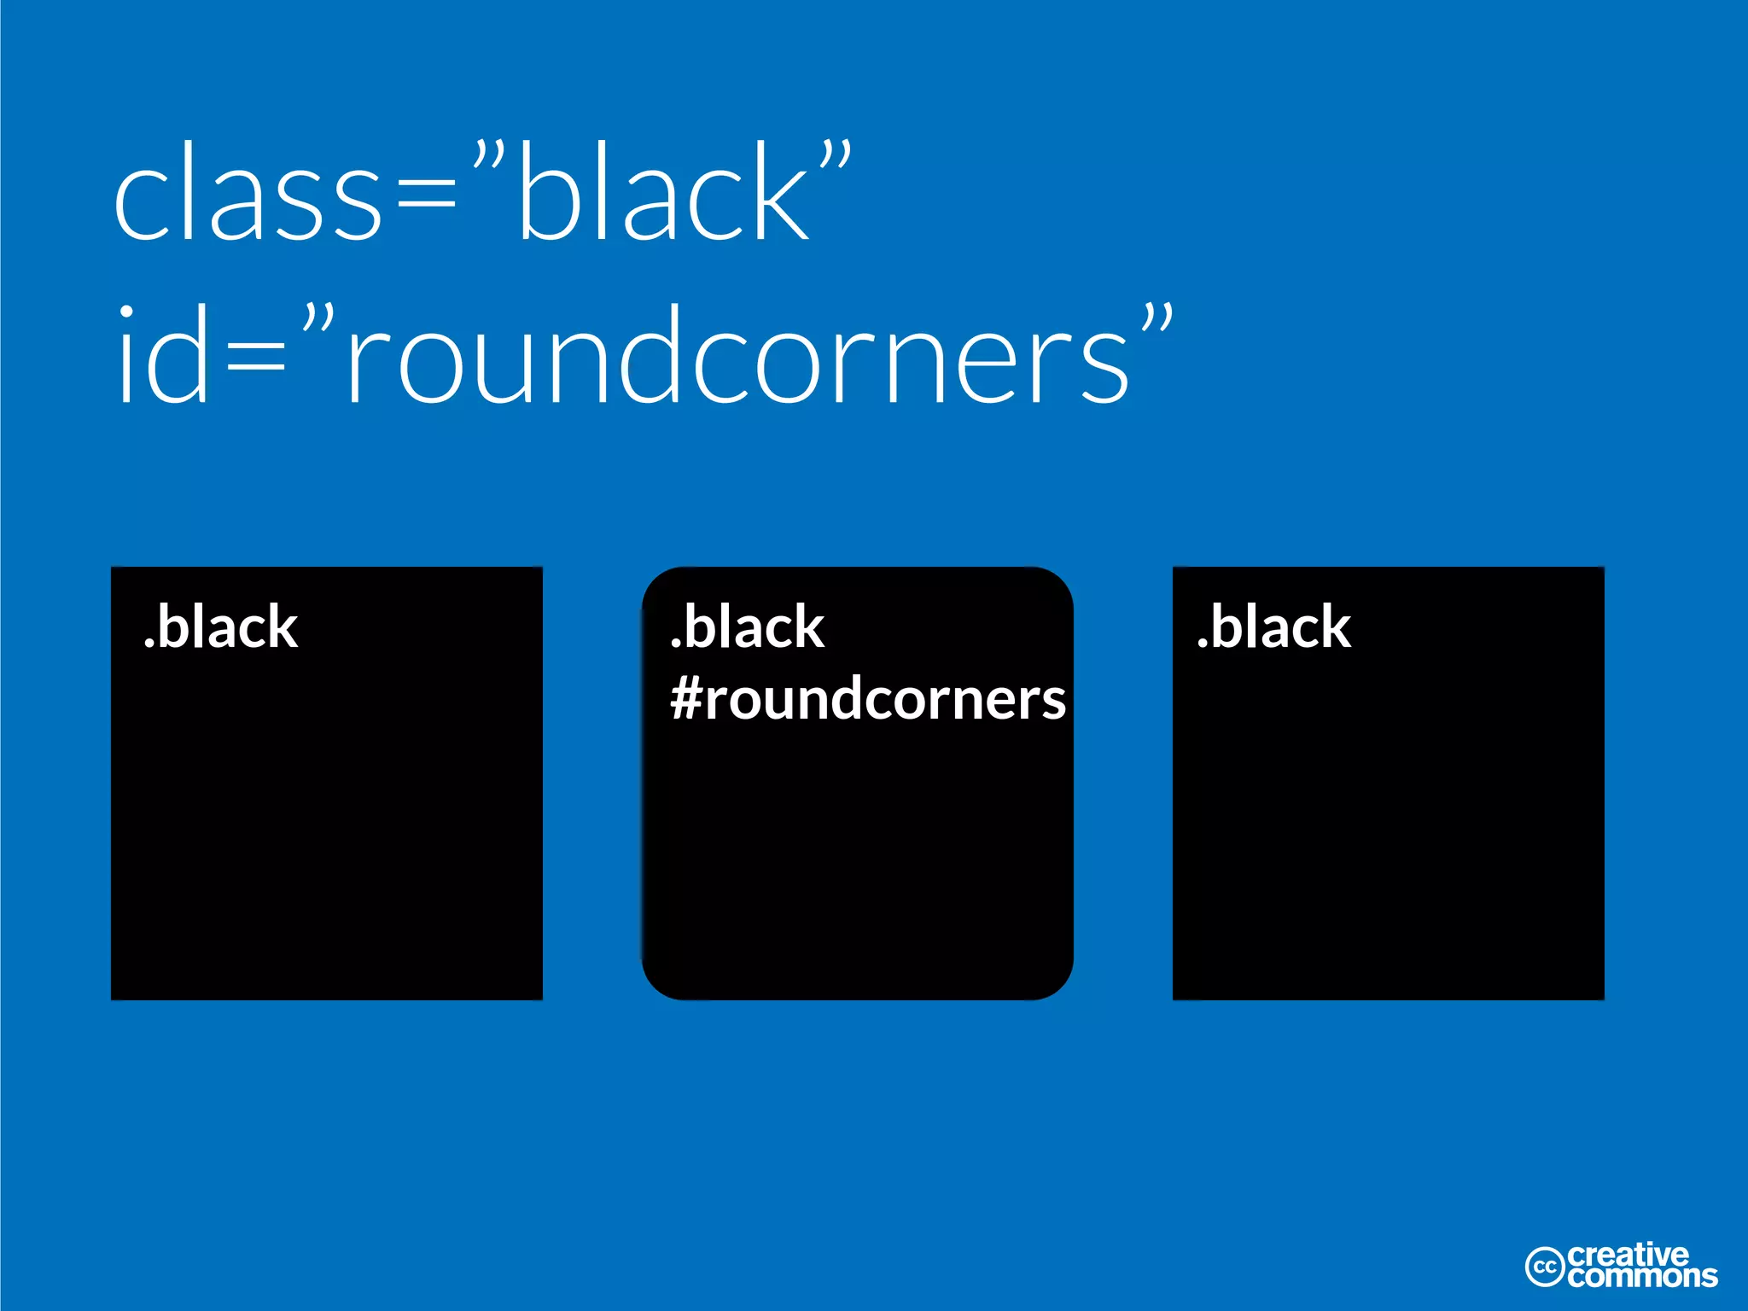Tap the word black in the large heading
(x=662, y=191)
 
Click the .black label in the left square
(x=221, y=627)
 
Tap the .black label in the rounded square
(x=748, y=627)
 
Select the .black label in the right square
(x=1274, y=627)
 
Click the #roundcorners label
(x=868, y=700)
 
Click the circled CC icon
(x=1545, y=1267)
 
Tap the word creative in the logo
(x=1628, y=1255)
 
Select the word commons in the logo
(x=1641, y=1277)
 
